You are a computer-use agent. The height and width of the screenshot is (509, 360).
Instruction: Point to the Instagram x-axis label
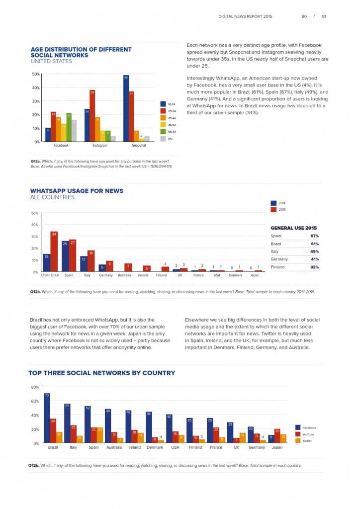(100, 146)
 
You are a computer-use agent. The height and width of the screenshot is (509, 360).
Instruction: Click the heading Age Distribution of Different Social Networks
(81, 52)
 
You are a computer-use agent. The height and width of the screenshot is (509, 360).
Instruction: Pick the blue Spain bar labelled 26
(65, 256)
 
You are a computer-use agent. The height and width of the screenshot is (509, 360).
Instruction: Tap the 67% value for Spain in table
(314, 236)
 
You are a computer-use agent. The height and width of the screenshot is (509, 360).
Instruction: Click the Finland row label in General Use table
(277, 267)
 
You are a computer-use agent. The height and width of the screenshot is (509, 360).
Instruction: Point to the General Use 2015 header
(293, 228)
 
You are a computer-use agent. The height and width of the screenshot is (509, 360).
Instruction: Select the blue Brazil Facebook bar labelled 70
(47, 418)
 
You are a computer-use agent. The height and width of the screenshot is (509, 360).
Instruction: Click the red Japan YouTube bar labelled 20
(277, 435)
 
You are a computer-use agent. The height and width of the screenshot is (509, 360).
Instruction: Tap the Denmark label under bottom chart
(155, 447)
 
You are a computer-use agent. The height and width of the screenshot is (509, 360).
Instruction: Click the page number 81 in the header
(324, 16)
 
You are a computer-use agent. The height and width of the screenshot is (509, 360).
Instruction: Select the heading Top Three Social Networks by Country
(101, 373)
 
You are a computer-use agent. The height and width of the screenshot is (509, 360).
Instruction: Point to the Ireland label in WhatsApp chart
(143, 275)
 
